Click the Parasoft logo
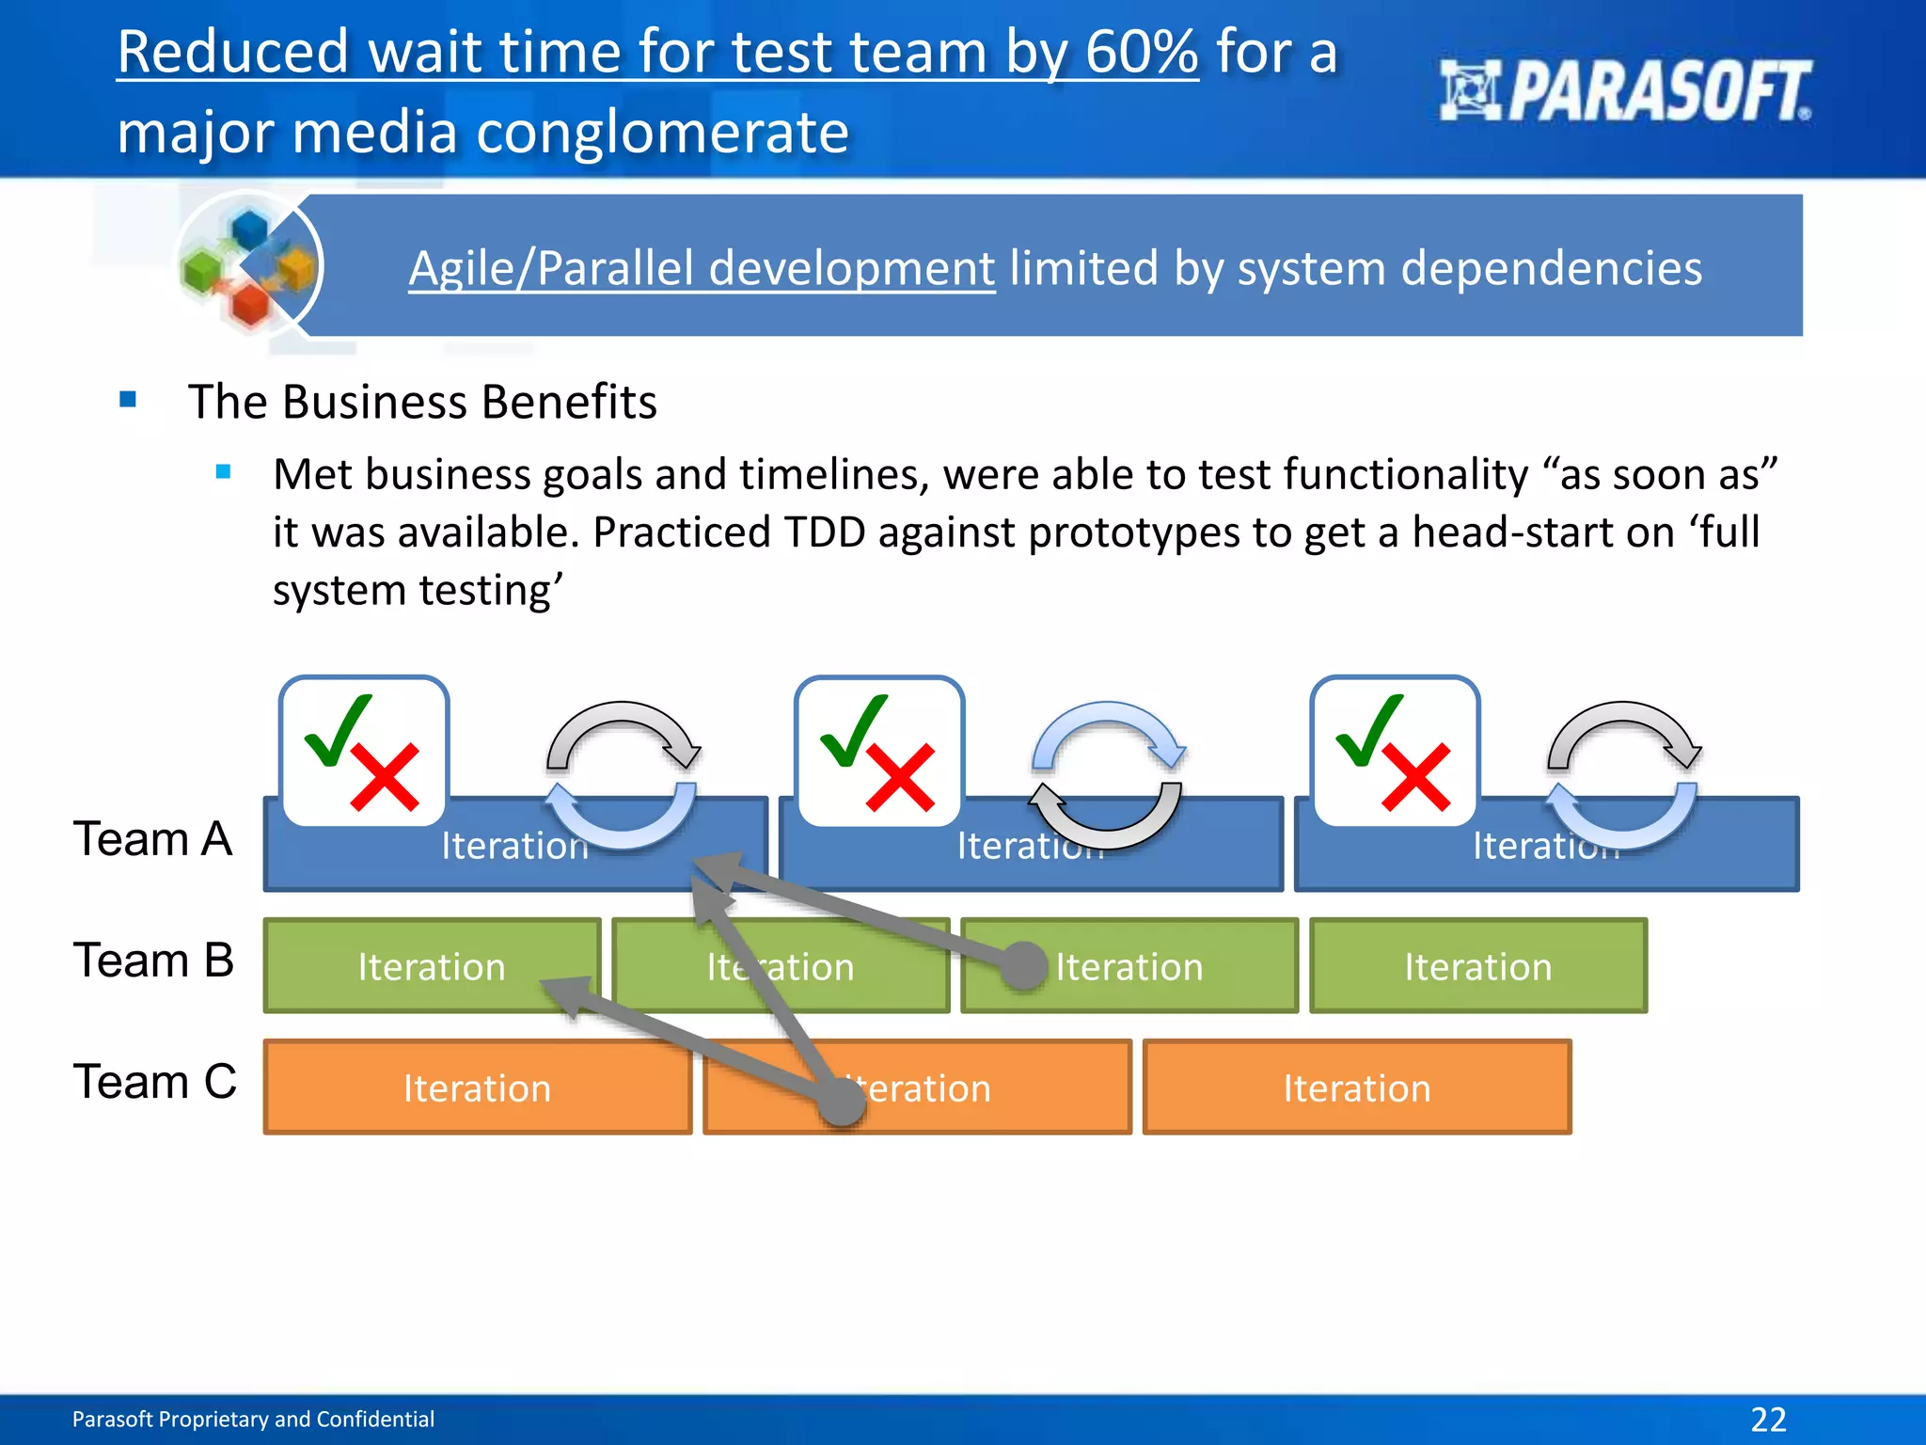[x=1625, y=91]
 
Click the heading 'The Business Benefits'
[x=422, y=403]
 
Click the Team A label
[x=152, y=839]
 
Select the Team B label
[x=153, y=961]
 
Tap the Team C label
[x=155, y=1082]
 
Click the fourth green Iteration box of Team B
[x=1477, y=967]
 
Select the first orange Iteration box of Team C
[x=477, y=1088]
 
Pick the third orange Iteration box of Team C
[x=1356, y=1088]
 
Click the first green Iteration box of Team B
[x=432, y=967]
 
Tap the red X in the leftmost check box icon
[x=385, y=777]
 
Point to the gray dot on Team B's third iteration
[x=1023, y=966]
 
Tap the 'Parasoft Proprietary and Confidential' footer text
[x=253, y=1420]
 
